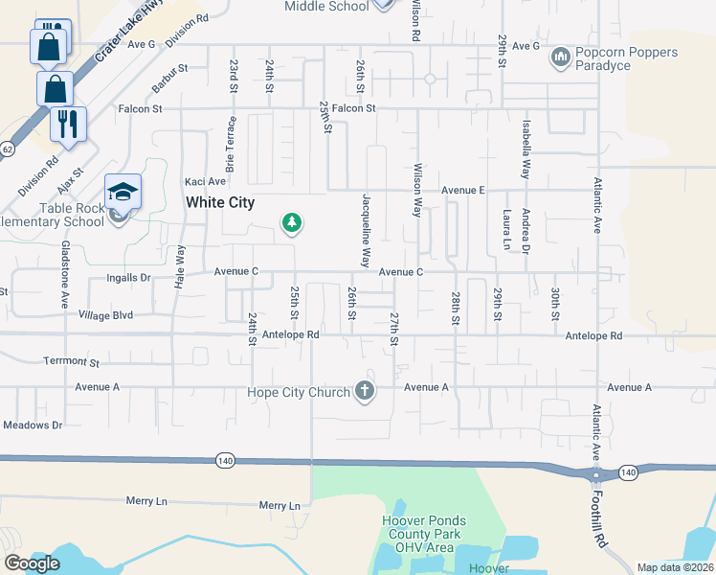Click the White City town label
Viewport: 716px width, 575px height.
point(220,202)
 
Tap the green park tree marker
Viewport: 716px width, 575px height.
point(292,223)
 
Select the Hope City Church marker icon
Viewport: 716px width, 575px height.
point(364,390)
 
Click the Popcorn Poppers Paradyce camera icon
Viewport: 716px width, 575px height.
point(561,58)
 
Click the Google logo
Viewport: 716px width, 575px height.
point(32,563)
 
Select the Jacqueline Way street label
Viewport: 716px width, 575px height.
point(367,229)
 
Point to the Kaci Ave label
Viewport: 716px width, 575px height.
point(205,181)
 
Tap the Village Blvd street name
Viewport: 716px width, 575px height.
point(106,314)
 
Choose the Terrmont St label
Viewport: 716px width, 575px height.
point(72,362)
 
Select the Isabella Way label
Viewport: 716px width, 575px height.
point(526,149)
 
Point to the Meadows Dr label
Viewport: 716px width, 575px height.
point(33,425)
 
